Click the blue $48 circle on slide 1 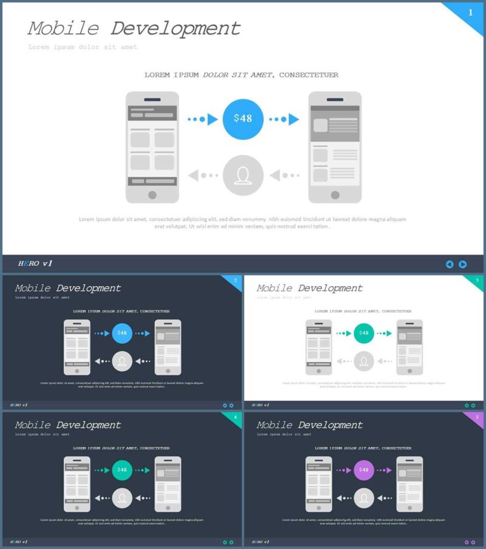(x=243, y=119)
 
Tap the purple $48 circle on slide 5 (x=363, y=469)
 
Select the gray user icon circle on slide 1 (x=243, y=176)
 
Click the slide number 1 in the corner (x=470, y=12)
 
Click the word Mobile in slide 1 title (x=63, y=29)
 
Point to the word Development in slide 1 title (x=176, y=29)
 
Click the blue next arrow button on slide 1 (x=463, y=264)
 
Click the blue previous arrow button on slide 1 (x=450, y=264)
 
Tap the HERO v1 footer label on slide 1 (x=35, y=264)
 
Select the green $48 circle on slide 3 (x=363, y=333)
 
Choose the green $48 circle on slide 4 (x=122, y=469)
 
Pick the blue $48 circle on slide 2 (x=122, y=333)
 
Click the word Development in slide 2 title (x=89, y=288)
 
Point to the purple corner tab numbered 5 (x=476, y=418)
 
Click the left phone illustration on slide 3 (x=319, y=347)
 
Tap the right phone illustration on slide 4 (x=168, y=484)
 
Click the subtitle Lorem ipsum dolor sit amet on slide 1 (x=83, y=47)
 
